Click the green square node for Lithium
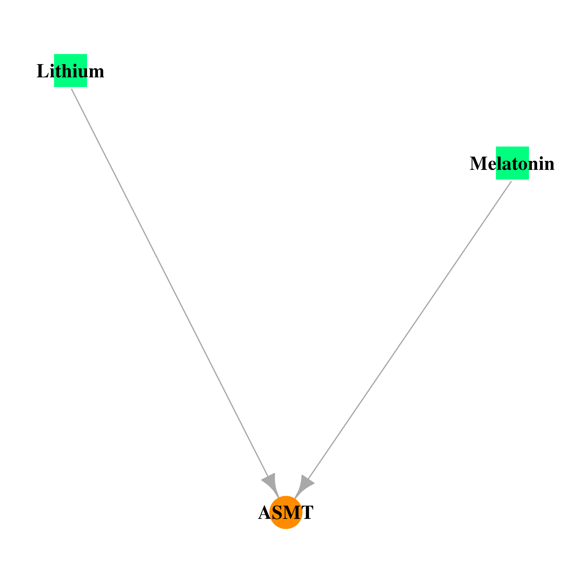point(70,70)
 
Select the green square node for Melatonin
point(512,163)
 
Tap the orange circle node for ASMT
point(286,512)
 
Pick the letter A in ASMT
point(265,513)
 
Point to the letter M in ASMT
point(292,513)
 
